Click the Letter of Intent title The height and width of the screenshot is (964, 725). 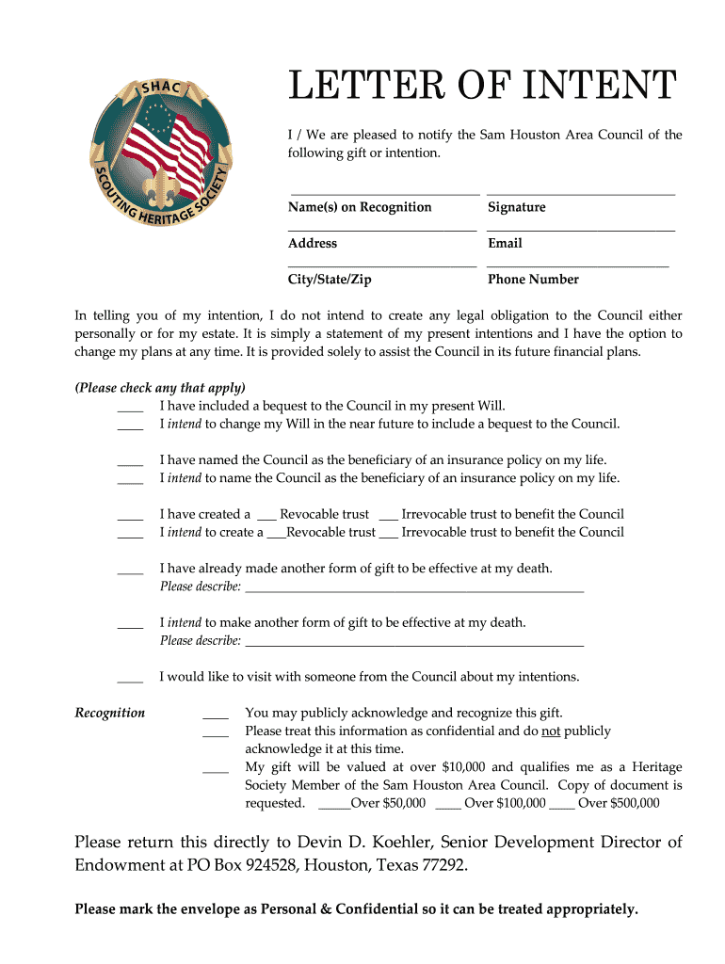click(481, 87)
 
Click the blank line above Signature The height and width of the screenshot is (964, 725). click(581, 193)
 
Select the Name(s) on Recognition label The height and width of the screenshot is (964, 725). click(360, 207)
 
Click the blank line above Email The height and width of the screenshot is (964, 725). click(581, 230)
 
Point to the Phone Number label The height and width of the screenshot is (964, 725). click(533, 280)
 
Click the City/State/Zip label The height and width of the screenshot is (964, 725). click(330, 280)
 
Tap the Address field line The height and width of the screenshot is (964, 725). click(382, 230)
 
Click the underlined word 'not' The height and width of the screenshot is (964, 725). click(552, 731)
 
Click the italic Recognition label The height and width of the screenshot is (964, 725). click(110, 713)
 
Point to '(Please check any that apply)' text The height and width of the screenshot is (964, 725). click(160, 388)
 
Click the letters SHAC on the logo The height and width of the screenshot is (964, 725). click(161, 88)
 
